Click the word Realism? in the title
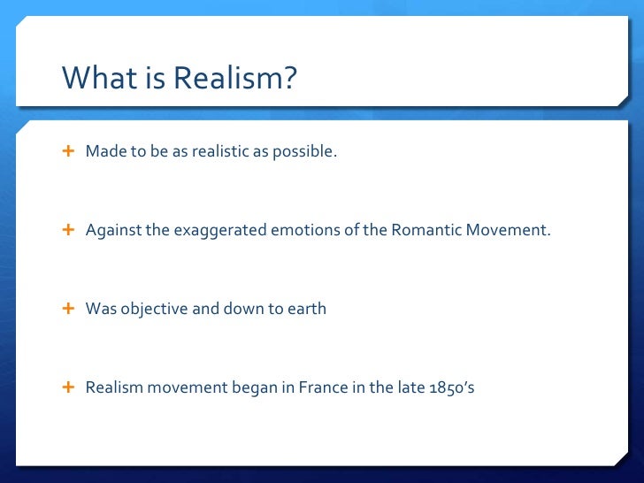click(x=234, y=79)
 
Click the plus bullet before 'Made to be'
click(x=68, y=151)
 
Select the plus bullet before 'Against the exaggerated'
click(x=68, y=230)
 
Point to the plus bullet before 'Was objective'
click(x=68, y=309)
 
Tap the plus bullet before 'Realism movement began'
click(x=68, y=387)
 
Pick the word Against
click(x=110, y=230)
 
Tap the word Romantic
click(x=423, y=230)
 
